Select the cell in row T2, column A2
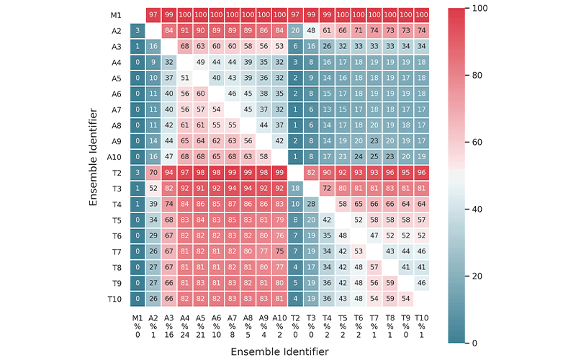click(153, 173)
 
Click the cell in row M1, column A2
click(153, 14)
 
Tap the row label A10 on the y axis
click(114, 157)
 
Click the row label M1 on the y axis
click(116, 14)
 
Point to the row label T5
click(116, 220)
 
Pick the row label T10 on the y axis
click(114, 300)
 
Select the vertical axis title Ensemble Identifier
click(94, 157)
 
